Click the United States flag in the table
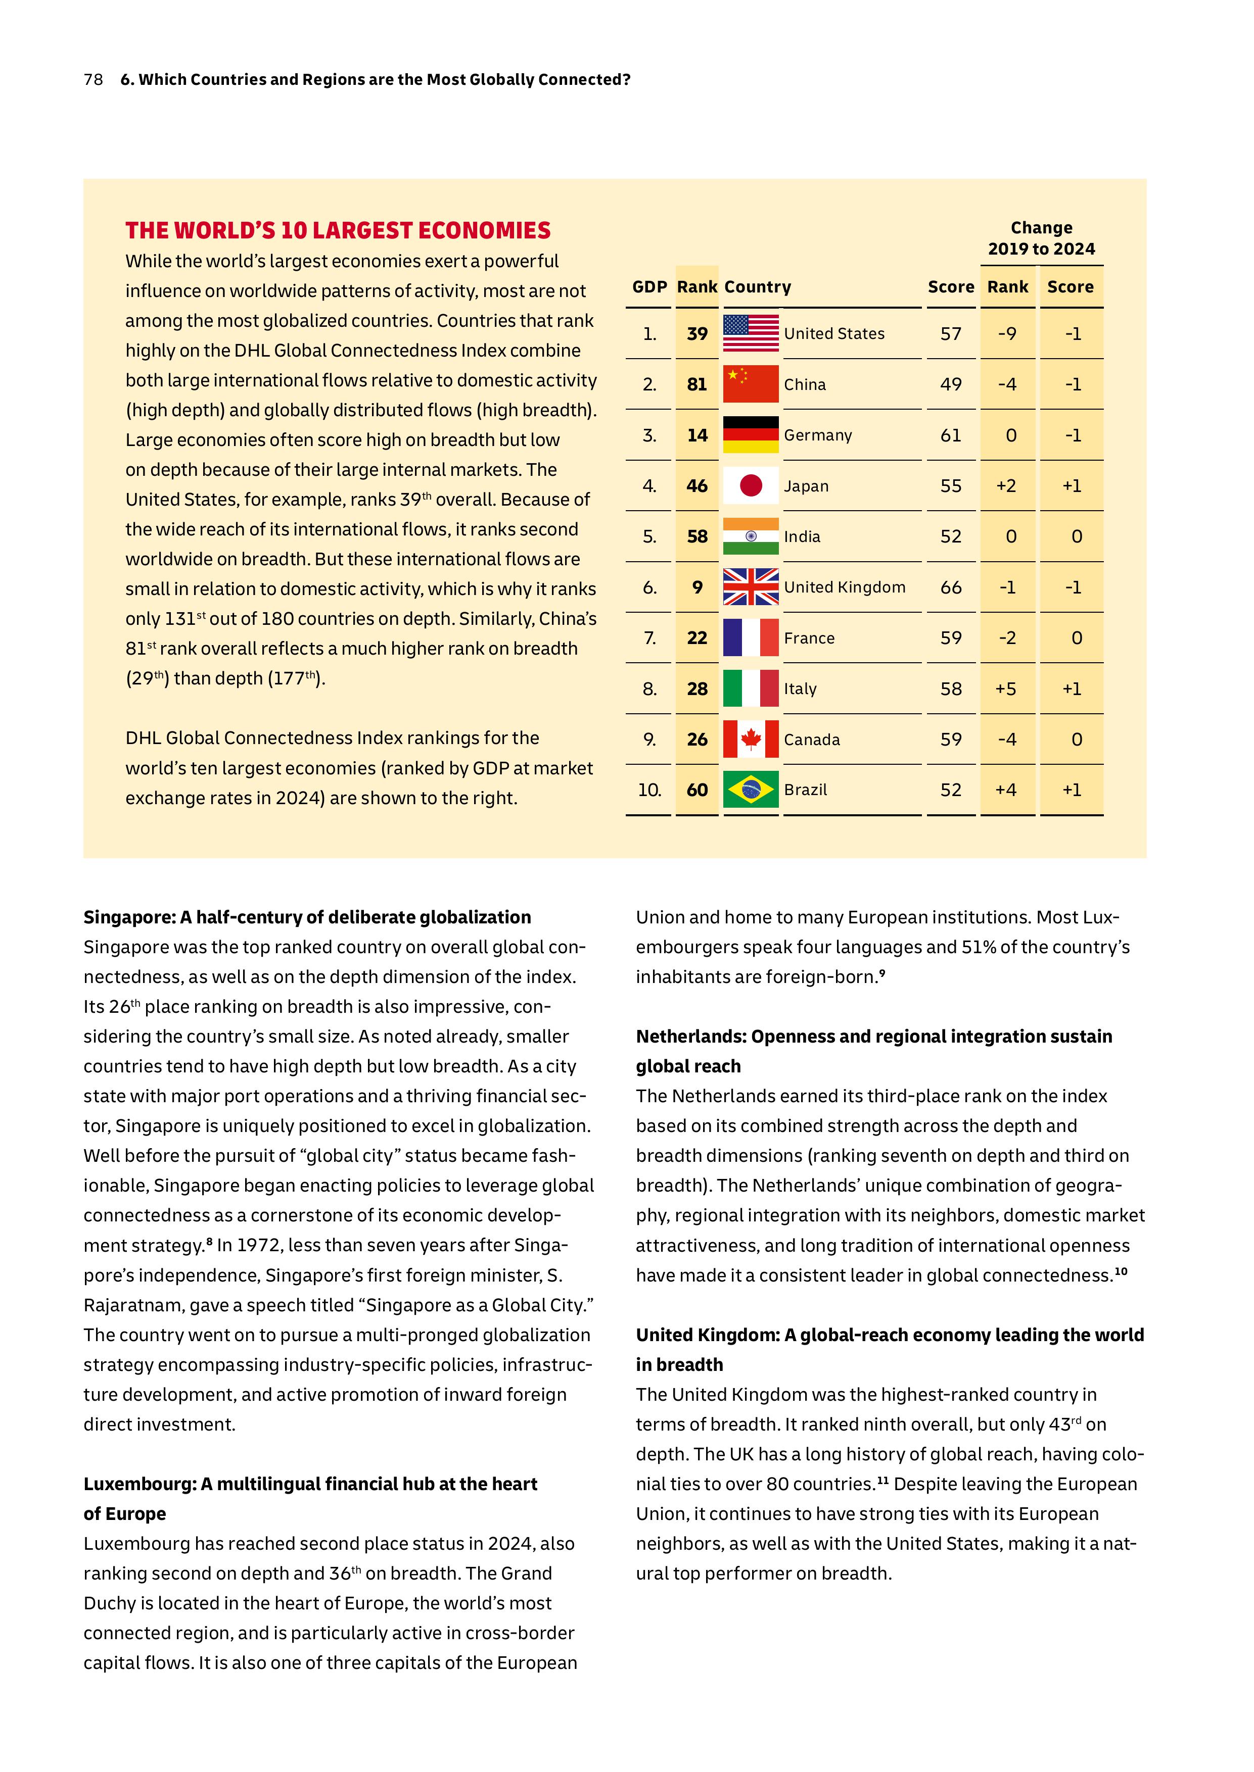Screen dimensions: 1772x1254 751,333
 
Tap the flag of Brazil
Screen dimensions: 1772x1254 751,790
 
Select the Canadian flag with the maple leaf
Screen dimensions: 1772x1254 751,740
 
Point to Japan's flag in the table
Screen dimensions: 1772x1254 751,485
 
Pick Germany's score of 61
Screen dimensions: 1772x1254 951,435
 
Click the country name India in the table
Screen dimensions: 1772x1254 802,536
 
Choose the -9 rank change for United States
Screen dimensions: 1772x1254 1006,333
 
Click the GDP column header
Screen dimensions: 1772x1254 649,287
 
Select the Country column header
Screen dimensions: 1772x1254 758,287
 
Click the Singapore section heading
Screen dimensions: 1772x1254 307,917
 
